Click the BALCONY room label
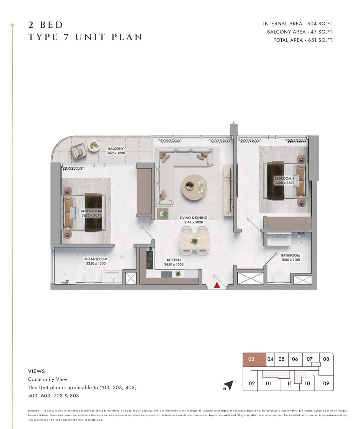click(x=116, y=148)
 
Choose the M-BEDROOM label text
click(x=91, y=211)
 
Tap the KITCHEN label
click(x=174, y=260)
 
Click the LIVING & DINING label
click(x=194, y=218)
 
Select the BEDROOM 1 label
click(x=284, y=178)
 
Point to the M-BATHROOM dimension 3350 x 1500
click(x=96, y=263)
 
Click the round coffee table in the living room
click(x=194, y=187)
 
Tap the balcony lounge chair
click(x=78, y=151)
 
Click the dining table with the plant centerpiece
click(x=194, y=241)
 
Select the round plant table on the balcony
click(x=94, y=146)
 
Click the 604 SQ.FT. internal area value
click(x=320, y=24)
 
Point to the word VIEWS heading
click(x=36, y=371)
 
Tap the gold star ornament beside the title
click(x=12, y=25)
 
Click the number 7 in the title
click(x=66, y=37)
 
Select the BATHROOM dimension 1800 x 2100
click(x=290, y=260)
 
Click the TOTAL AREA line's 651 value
click(x=312, y=40)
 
